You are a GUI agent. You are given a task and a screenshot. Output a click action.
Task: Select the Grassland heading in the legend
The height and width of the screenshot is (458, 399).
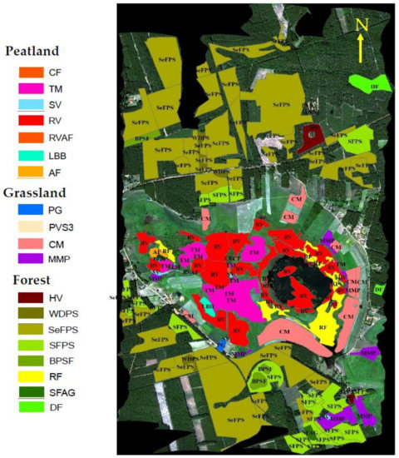coord(41,188)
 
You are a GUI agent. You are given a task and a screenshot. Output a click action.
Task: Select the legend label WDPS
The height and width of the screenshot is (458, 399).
coord(76,321)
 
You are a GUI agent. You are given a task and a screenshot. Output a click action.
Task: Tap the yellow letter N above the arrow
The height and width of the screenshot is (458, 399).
coord(362,27)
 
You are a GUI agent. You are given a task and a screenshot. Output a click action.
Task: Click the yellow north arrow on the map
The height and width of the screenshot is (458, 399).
coord(362,50)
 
